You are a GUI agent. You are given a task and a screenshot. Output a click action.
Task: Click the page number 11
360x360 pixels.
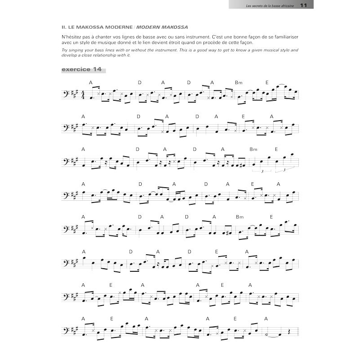click(303, 5)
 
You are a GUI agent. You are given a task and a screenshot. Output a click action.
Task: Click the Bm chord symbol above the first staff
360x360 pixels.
click(238, 82)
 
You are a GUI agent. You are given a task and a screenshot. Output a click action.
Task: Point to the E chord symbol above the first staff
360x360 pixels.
click(267, 82)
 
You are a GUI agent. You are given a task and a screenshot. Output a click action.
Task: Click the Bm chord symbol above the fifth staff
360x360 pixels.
click(238, 217)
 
